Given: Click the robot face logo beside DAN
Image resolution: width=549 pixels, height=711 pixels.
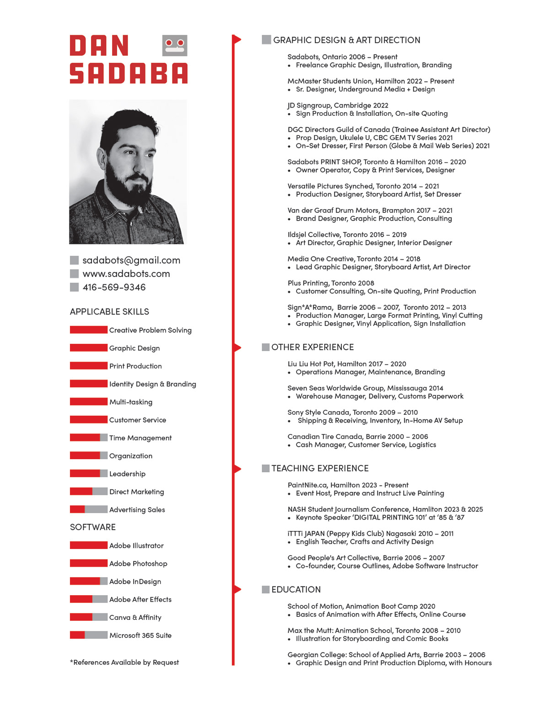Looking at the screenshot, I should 175,45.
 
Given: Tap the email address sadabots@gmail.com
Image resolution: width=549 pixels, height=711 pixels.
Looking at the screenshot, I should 131,261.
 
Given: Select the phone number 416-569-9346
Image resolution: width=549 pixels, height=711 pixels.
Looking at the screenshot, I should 114,288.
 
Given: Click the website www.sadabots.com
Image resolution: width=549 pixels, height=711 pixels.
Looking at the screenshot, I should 126,274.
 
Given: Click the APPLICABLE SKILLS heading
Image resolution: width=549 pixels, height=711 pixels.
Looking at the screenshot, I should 109,312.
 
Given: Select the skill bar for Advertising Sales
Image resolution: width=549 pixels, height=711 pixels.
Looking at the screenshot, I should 89,510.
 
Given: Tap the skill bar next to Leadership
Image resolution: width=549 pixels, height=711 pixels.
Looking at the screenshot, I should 89,473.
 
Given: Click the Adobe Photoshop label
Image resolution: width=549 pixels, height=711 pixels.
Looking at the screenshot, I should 138,564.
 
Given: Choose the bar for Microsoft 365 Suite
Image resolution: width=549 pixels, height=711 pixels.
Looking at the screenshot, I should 89,635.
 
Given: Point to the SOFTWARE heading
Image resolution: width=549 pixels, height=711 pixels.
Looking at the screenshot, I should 93,527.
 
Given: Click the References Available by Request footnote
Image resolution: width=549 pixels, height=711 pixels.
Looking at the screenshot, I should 124,662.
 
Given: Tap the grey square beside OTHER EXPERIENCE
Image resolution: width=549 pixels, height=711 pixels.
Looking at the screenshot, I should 266,347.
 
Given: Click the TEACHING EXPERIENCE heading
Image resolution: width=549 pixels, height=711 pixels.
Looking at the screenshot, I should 320,468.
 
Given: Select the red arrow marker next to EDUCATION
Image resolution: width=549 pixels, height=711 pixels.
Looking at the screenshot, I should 237,589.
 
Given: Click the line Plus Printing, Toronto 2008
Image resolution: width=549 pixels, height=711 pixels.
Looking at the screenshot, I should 331,283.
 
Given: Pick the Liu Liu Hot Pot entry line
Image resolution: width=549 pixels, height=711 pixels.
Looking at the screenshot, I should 347,364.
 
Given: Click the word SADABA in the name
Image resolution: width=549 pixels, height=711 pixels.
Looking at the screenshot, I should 129,74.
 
